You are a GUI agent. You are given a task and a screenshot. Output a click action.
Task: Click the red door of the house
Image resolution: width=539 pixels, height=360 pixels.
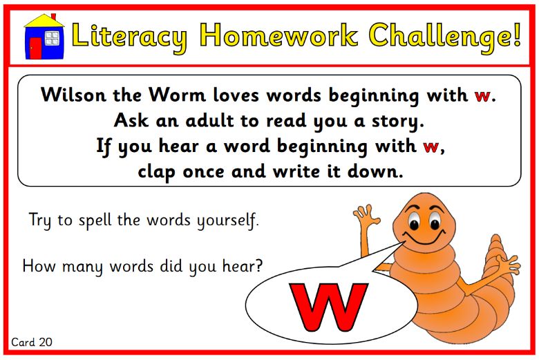[35, 48]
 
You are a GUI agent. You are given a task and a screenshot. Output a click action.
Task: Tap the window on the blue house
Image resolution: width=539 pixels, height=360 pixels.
[53, 38]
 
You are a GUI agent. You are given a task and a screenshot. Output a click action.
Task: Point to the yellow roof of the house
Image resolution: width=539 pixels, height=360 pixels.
[44, 21]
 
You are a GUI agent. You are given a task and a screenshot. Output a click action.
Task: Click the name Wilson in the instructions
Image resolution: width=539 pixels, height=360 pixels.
[73, 94]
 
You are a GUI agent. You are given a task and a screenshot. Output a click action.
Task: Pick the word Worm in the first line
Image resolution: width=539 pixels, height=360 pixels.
[177, 94]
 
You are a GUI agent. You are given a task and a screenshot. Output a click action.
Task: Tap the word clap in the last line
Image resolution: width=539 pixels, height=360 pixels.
[156, 172]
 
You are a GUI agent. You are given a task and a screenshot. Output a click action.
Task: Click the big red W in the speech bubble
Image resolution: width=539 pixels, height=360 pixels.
[328, 306]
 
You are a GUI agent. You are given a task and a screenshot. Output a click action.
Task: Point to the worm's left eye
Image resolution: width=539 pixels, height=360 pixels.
[414, 222]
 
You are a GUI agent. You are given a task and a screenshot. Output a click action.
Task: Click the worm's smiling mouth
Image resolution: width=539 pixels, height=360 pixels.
[424, 238]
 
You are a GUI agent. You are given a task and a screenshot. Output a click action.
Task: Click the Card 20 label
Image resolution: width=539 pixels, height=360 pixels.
[32, 342]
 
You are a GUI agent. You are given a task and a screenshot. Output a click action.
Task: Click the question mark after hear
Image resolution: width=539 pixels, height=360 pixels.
[258, 265]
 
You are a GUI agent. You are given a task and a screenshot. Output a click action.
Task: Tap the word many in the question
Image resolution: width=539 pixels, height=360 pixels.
[82, 267]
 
